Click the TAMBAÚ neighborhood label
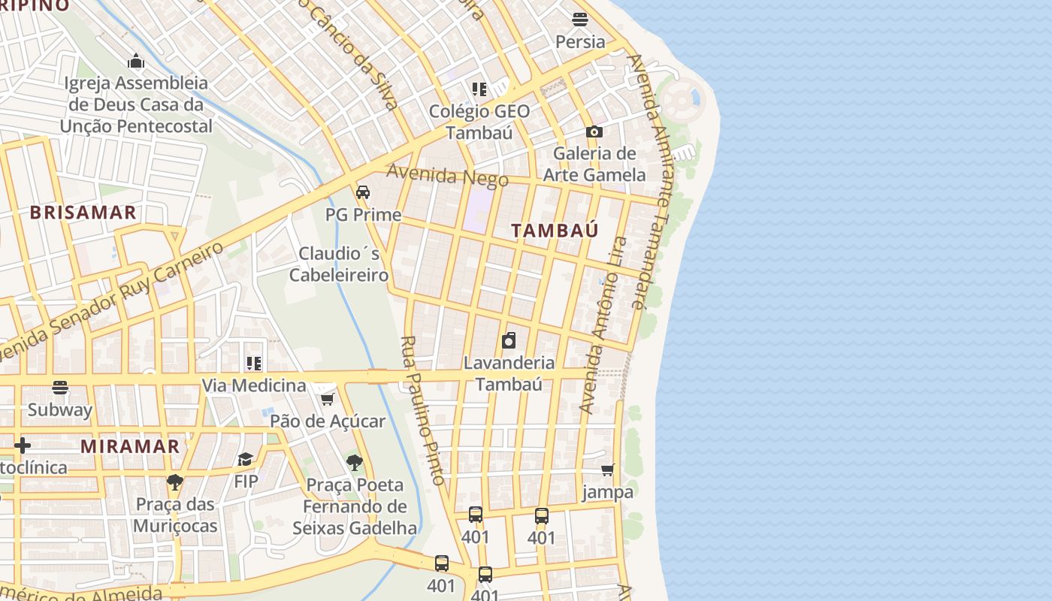pyautogui.click(x=555, y=231)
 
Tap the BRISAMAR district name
pyautogui.click(x=83, y=213)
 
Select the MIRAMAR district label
pyautogui.click(x=130, y=446)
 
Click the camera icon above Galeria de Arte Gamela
pyautogui.click(x=594, y=131)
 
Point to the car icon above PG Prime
pyautogui.click(x=363, y=192)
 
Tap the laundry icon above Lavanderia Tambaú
pyautogui.click(x=509, y=340)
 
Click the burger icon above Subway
pyautogui.click(x=60, y=388)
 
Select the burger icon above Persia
pyautogui.click(x=580, y=20)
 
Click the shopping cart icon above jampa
pyautogui.click(x=607, y=470)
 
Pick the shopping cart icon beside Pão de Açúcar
pyautogui.click(x=327, y=399)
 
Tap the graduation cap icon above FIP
pyautogui.click(x=246, y=459)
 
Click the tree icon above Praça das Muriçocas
pyautogui.click(x=175, y=482)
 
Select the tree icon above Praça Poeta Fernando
pyautogui.click(x=354, y=463)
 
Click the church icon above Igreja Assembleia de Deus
pyautogui.click(x=136, y=61)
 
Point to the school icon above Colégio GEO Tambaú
pyautogui.click(x=479, y=89)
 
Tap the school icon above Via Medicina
pyautogui.click(x=254, y=364)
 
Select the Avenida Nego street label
pyautogui.click(x=447, y=175)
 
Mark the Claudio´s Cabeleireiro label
pyautogui.click(x=339, y=264)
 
